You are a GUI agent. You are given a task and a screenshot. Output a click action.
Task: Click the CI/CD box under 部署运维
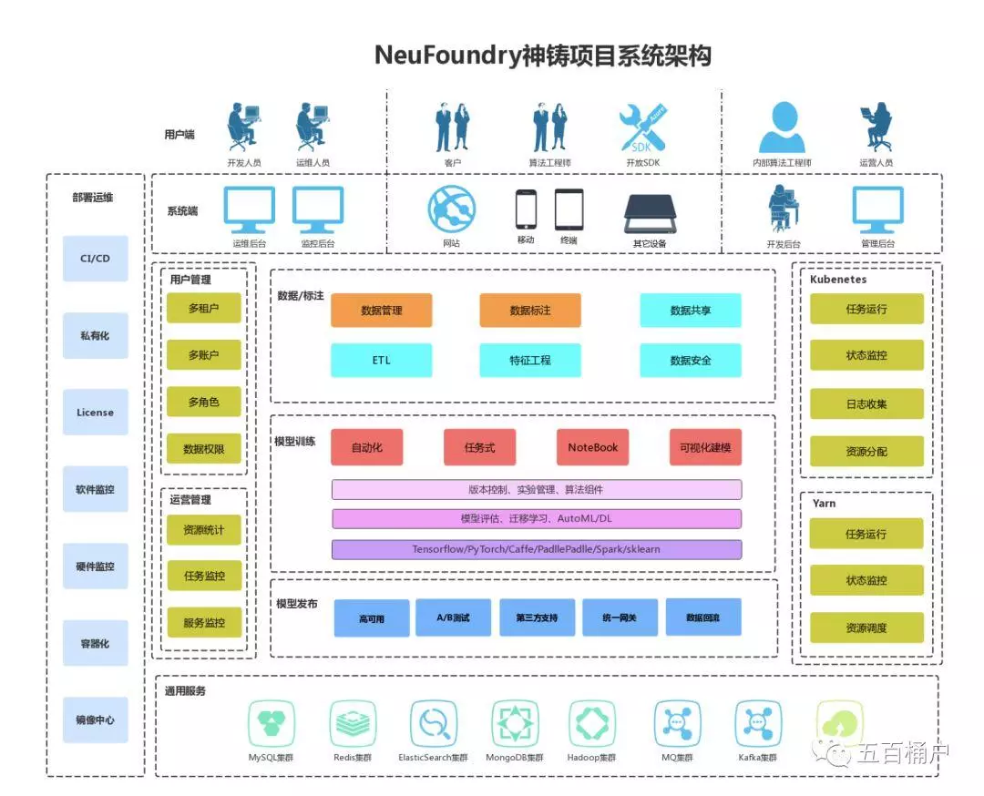point(95,259)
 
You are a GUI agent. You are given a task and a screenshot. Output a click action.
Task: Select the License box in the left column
point(95,413)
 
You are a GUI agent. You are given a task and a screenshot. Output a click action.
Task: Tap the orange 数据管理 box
point(381,311)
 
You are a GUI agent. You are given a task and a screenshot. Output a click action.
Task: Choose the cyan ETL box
point(381,361)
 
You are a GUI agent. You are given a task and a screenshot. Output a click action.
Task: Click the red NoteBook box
point(592,447)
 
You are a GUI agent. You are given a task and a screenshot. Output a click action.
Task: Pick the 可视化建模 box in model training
point(704,447)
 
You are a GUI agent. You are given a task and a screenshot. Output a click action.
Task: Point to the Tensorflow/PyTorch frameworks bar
point(536,550)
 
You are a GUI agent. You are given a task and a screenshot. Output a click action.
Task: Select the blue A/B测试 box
point(453,617)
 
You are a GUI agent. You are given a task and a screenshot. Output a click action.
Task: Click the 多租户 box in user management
point(203,309)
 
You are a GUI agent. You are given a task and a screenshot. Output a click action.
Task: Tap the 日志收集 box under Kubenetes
point(866,403)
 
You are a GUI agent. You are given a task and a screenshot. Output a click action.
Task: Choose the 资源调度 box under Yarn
point(866,628)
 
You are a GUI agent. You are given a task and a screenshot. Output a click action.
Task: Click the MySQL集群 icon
point(272,724)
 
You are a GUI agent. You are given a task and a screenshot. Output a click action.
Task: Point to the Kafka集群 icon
point(758,724)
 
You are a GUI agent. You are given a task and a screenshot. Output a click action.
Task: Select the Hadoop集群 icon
point(592,724)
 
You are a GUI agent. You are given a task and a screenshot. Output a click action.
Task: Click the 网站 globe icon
point(452,209)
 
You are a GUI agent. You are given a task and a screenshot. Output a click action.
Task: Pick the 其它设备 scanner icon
point(649,213)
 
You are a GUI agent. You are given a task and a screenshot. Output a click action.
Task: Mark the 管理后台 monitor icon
point(877,209)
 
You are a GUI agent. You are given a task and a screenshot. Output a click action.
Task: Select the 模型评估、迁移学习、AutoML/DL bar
point(536,519)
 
